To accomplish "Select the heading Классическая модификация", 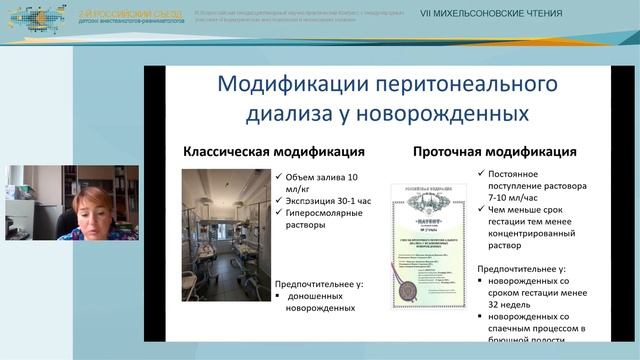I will [272, 153].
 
